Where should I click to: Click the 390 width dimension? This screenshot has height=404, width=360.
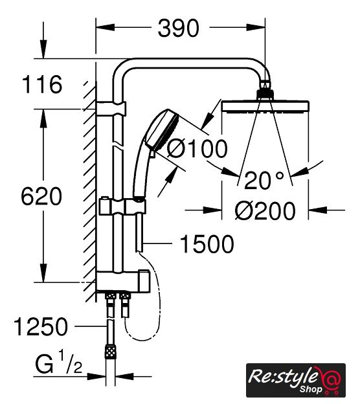coord(179,28)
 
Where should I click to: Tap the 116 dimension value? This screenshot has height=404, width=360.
coord(42,84)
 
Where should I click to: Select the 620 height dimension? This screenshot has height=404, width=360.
coord(41,196)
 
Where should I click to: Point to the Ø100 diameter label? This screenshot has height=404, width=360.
coord(197,148)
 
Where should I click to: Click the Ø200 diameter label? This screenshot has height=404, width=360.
coord(265,211)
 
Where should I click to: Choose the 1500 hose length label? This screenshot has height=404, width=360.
coord(207,243)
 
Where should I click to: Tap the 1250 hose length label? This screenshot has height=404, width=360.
coord(41,326)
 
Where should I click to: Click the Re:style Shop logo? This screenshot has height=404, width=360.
coord(296,380)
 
